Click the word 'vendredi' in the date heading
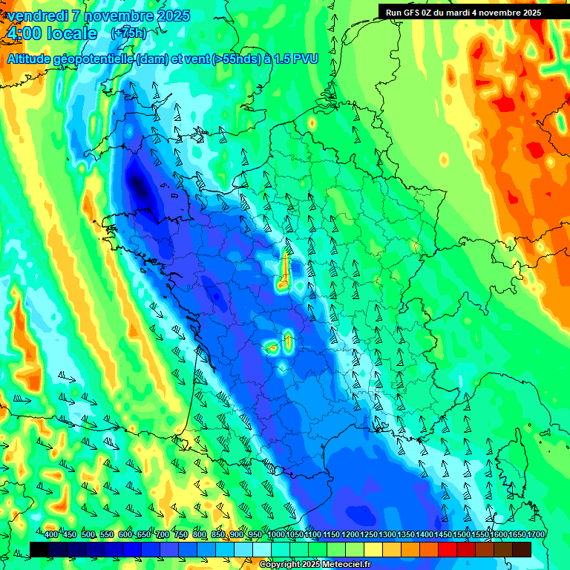[x=36, y=16]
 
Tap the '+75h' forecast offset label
[x=128, y=33]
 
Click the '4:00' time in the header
[x=24, y=33]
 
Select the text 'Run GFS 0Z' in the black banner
[x=410, y=13]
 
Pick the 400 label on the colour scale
[x=51, y=535]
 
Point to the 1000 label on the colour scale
[x=276, y=535]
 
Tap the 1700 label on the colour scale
[x=536, y=535]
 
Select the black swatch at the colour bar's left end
[x=39, y=549]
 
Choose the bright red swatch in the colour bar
[x=448, y=549]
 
